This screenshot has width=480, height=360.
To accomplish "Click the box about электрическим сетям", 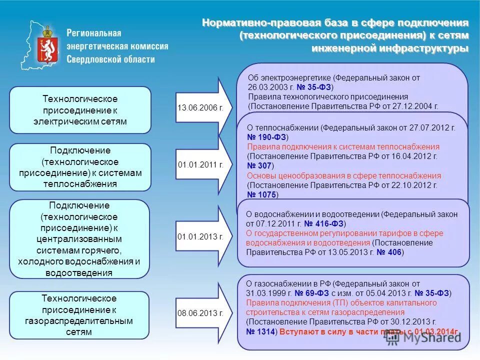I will [80, 110].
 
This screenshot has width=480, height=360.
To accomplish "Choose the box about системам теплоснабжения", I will [80, 167].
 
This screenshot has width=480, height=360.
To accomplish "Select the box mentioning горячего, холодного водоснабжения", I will [80, 239].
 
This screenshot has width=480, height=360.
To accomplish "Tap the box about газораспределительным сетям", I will [80, 315].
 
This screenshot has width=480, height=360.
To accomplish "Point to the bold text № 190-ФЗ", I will [266, 137].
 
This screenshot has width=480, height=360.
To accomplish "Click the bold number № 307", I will [259, 165].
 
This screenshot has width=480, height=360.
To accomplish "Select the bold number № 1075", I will [261, 194].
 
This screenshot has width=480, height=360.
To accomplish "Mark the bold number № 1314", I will [261, 331].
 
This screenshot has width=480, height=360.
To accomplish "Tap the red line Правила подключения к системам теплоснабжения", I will [343, 146].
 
